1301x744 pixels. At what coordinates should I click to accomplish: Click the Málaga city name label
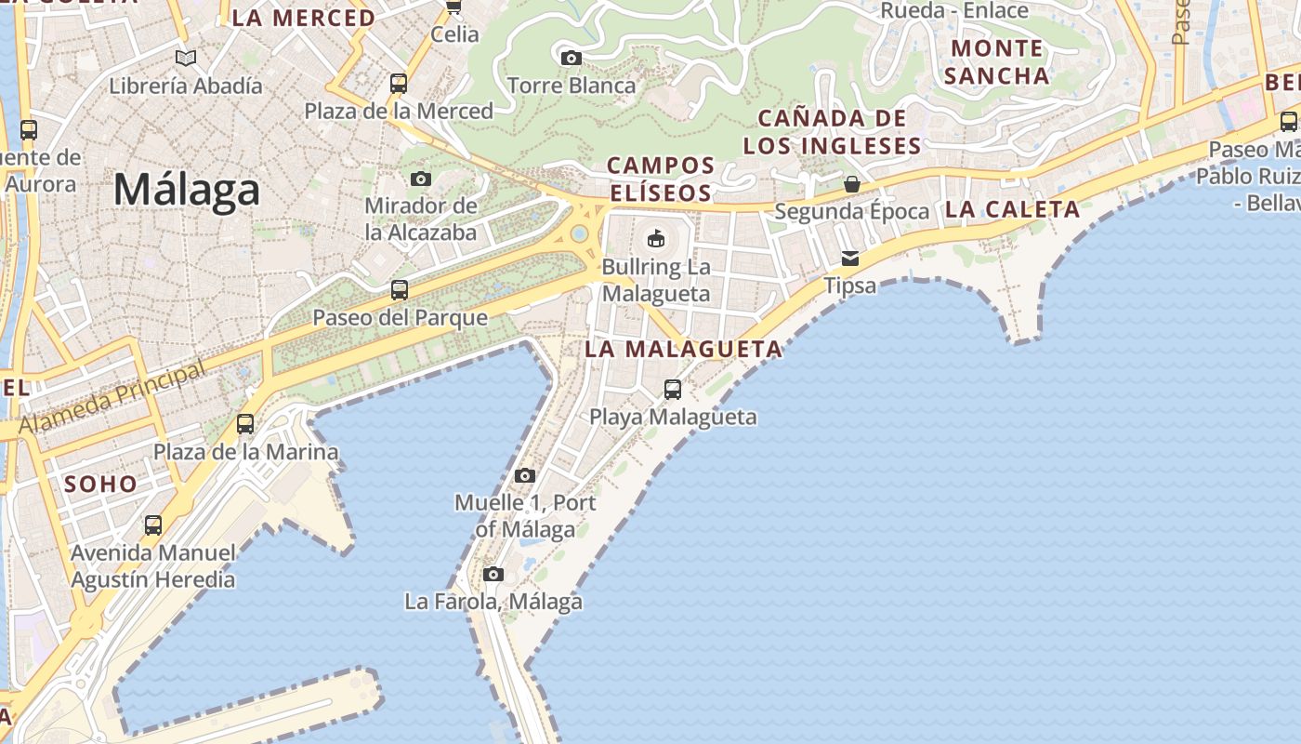point(186,191)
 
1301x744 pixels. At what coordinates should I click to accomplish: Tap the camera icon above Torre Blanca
point(572,59)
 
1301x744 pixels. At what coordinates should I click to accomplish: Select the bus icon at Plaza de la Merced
point(399,84)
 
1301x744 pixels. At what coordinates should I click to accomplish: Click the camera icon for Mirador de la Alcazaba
point(421,179)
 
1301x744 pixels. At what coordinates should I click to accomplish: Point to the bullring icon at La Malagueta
point(656,238)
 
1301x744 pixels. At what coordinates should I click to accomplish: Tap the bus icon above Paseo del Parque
point(400,289)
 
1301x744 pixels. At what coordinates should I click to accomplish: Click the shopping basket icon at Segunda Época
point(851,184)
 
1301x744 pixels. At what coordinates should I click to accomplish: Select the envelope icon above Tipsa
point(850,258)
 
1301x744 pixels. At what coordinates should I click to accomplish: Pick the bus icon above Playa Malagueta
point(673,389)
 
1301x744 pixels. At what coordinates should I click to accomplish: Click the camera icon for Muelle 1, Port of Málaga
point(525,475)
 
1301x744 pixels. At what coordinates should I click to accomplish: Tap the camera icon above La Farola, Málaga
point(493,574)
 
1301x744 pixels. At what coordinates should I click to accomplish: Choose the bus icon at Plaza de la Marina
point(245,424)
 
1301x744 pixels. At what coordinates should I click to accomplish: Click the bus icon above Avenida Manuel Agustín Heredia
point(153,525)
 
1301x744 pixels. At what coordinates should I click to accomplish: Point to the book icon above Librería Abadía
point(186,58)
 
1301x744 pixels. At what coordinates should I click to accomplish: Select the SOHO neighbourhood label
point(100,484)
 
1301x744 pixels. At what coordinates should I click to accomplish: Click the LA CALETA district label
point(1012,210)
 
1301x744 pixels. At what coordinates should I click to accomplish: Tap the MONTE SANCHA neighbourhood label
point(997,61)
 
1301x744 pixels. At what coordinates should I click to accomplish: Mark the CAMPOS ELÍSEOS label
point(660,179)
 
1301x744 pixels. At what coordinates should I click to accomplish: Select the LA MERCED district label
point(303,18)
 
